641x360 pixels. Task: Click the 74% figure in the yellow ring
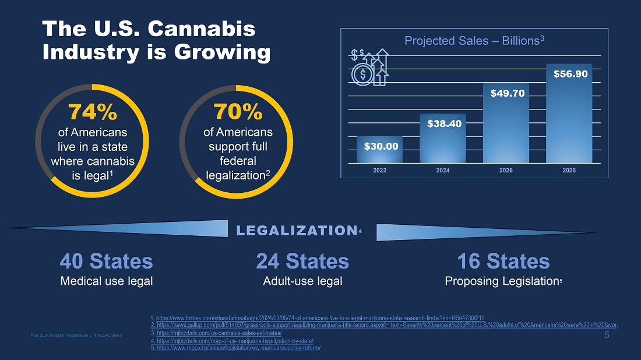[92, 111]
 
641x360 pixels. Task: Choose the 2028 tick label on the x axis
[569, 171]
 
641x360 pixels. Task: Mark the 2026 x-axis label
[506, 171]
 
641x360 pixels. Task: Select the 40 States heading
[107, 261]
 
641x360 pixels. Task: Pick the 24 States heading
[302, 261]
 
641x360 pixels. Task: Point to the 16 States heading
[503, 261]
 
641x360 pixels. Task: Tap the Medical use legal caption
[107, 281]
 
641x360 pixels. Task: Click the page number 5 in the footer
[607, 335]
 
